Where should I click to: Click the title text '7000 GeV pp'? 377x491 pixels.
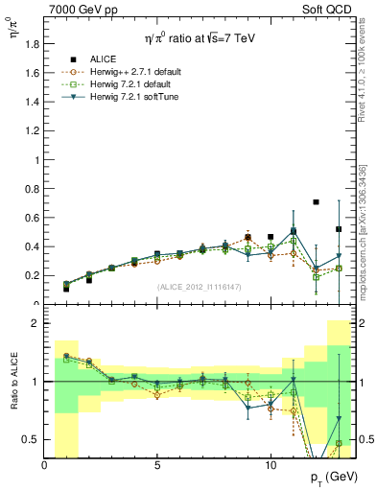pos(78,9)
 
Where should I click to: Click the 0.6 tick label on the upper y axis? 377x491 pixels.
pos(33,218)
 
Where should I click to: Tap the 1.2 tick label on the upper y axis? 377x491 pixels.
pos(33,130)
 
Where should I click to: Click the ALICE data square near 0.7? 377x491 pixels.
pos(316,202)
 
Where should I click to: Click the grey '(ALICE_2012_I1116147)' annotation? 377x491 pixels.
pos(199,287)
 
